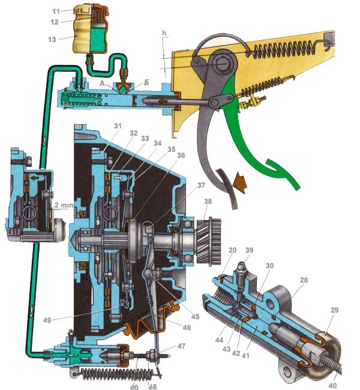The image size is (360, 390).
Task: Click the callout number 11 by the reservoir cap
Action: coord(56,11)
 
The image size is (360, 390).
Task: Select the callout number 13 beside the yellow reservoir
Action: coord(52,39)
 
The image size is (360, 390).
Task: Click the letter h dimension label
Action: coord(164,33)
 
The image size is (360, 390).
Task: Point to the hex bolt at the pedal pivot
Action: coord(222,64)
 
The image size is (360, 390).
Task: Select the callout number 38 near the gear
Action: coord(208,201)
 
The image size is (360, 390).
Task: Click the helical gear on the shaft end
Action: coord(208,242)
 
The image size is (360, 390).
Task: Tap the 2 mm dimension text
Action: coord(64,205)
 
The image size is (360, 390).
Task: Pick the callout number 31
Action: coord(118,126)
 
